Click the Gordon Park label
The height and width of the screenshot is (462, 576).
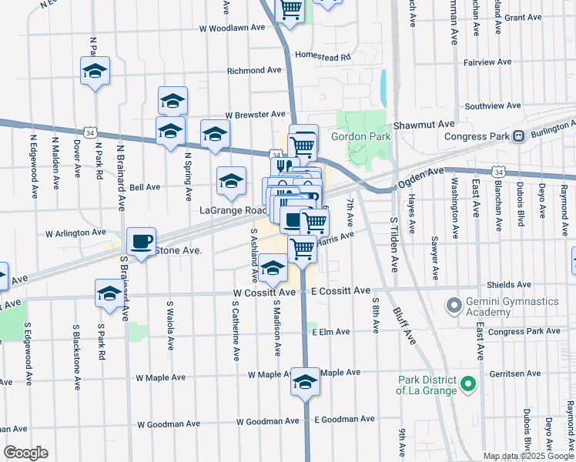tap(361, 137)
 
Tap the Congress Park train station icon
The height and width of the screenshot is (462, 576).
tap(518, 136)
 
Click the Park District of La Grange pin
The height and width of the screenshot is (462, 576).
tap(465, 383)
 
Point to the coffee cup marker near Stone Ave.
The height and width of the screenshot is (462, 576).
tap(141, 241)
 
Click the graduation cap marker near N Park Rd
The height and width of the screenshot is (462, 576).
tap(95, 71)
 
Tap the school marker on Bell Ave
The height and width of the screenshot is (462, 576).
tap(231, 181)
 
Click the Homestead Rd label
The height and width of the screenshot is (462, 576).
tap(323, 56)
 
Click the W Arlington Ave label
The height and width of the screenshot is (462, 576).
tap(75, 232)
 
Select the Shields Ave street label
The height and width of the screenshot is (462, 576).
tap(509, 285)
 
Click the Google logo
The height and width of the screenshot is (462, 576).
tap(25, 453)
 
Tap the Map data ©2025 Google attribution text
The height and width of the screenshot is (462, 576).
tap(527, 456)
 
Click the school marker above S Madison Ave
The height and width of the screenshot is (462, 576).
tap(273, 269)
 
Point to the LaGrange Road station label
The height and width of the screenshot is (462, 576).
tap(233, 210)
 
